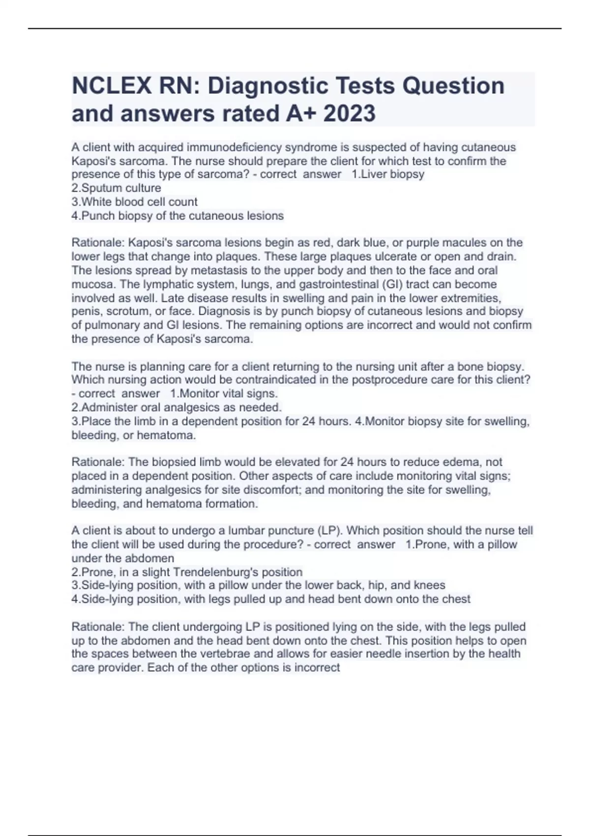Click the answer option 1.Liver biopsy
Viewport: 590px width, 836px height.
388,174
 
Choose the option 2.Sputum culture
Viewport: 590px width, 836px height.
116,188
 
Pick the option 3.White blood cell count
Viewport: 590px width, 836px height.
134,202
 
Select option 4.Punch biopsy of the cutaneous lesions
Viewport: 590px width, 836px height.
177,215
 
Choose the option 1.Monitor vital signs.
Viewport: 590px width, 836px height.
224,393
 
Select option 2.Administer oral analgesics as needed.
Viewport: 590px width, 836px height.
177,407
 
